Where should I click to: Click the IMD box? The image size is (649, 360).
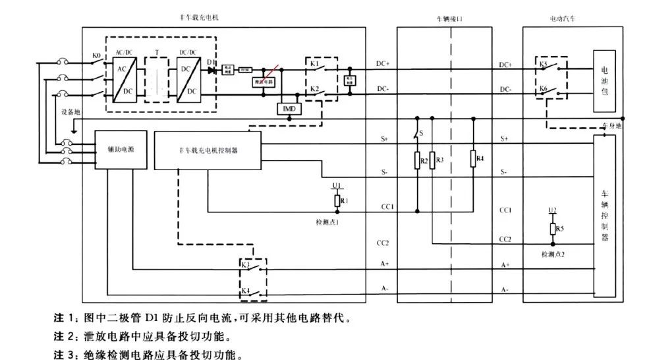tap(289, 109)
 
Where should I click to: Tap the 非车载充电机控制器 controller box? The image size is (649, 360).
tap(208, 150)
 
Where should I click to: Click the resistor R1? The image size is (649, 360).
tap(338, 200)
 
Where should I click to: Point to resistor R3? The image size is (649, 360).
tap(432, 161)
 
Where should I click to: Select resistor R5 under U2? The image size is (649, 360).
tap(552, 229)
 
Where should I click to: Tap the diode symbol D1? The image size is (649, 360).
tap(212, 69)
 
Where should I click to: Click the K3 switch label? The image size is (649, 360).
tap(245, 264)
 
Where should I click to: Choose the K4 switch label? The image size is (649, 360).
tap(245, 290)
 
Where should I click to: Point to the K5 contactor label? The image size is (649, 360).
tap(543, 65)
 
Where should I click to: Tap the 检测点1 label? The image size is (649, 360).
tap(327, 223)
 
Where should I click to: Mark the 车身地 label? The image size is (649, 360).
tap(613, 125)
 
